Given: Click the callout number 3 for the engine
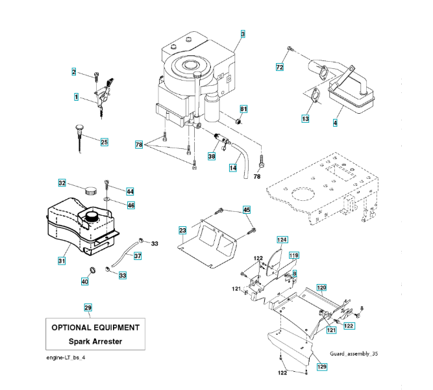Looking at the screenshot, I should (243, 34).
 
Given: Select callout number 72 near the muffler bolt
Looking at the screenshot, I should (280, 67).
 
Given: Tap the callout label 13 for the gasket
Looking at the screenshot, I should (304, 119).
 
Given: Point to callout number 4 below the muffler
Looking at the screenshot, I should (335, 122).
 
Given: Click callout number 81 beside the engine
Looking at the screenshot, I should (244, 109).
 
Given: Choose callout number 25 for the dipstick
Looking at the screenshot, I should (104, 141).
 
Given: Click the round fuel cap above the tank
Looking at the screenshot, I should (88, 190).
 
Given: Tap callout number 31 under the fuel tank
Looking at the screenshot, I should (62, 261).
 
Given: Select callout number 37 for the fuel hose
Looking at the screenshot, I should (137, 255).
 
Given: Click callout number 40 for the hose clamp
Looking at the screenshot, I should (84, 281).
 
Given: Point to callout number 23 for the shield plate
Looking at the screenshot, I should (182, 230).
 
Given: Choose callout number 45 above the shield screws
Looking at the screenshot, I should (246, 209).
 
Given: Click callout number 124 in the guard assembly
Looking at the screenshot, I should (281, 240).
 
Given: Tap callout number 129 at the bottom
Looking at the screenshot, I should (322, 367).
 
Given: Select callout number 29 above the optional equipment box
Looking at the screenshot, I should (88, 307).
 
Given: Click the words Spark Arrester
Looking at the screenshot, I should (95, 341).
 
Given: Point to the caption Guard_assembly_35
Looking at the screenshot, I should (353, 353).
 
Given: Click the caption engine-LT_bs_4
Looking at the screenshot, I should (66, 358).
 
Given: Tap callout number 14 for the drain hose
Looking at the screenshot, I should (233, 168).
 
